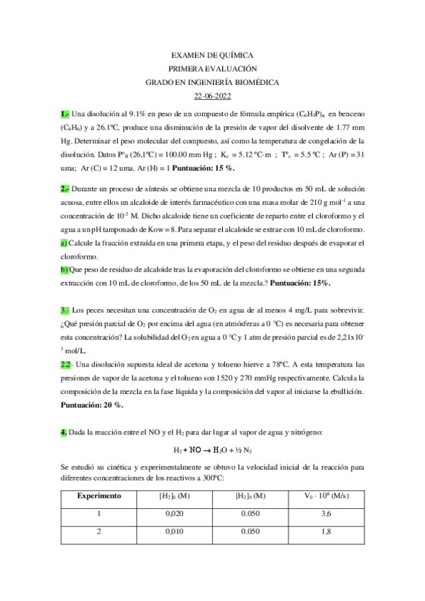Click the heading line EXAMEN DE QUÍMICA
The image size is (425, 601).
(212, 55)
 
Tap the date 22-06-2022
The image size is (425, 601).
(212, 96)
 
